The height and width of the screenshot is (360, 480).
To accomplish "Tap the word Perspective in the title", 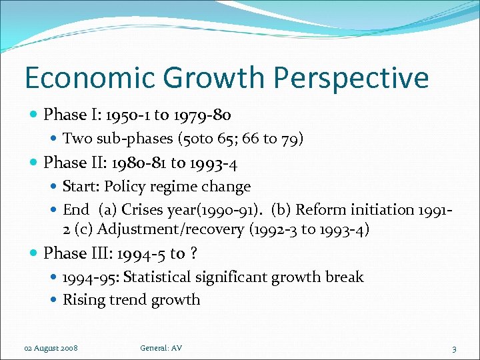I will tap(351, 79).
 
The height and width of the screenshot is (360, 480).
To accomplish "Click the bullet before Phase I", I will tap(33, 115).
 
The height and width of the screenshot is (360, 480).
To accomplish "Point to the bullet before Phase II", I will tap(33, 163).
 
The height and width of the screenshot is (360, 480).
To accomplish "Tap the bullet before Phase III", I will tap(33, 253).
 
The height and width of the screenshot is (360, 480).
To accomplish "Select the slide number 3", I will tap(454, 349).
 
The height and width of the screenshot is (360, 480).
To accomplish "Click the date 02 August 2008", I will tap(51, 349).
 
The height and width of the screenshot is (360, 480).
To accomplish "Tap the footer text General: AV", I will tap(161, 348).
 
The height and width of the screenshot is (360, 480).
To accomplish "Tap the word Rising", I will tap(83, 300).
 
